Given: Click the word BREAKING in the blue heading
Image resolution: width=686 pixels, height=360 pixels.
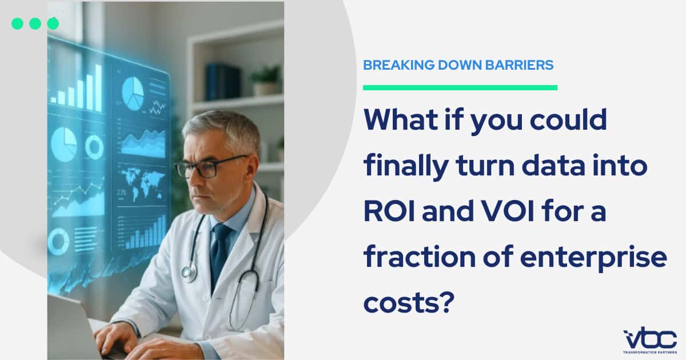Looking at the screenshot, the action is coord(398,65).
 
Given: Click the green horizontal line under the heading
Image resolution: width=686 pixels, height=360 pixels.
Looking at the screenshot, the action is coord(460,87).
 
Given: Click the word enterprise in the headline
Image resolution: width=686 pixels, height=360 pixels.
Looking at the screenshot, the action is coord(593,258).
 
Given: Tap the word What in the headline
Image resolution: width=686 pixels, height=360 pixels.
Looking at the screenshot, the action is coord(401,119).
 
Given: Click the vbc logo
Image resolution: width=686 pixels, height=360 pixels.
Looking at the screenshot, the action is coord(650,340).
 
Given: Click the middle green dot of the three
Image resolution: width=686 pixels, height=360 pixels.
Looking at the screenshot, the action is coord(35,23).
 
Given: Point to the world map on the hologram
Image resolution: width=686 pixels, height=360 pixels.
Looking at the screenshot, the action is coord(143,183).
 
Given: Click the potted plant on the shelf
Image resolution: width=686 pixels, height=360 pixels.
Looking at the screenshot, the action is coord(266,80).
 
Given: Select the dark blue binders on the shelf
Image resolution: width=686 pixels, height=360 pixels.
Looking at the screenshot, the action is coord(222,82).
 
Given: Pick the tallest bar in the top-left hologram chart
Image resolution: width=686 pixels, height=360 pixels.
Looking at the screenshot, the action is coord(98,88).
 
